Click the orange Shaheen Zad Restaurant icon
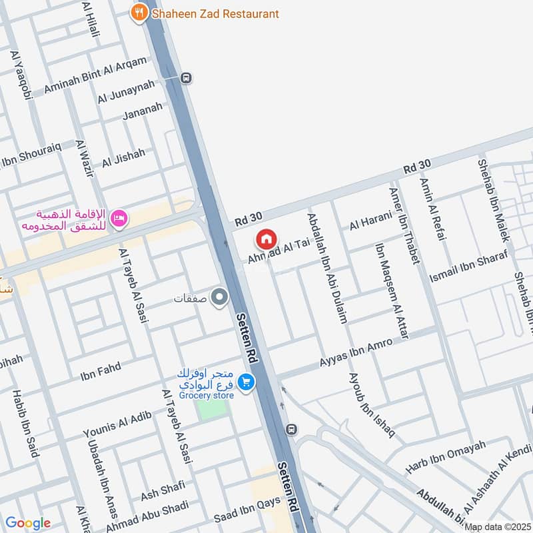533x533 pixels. coord(139,13)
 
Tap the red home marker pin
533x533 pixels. coord(266,239)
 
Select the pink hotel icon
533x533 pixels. coord(119,219)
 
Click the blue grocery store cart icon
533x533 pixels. coord(247,382)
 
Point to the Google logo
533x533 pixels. coord(27,523)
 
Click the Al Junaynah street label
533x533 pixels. coord(126,91)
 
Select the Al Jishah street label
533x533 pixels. coord(123,159)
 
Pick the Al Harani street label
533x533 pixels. coord(370,221)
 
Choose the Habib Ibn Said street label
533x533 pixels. coord(25,424)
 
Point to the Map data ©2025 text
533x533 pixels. coord(498,527)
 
